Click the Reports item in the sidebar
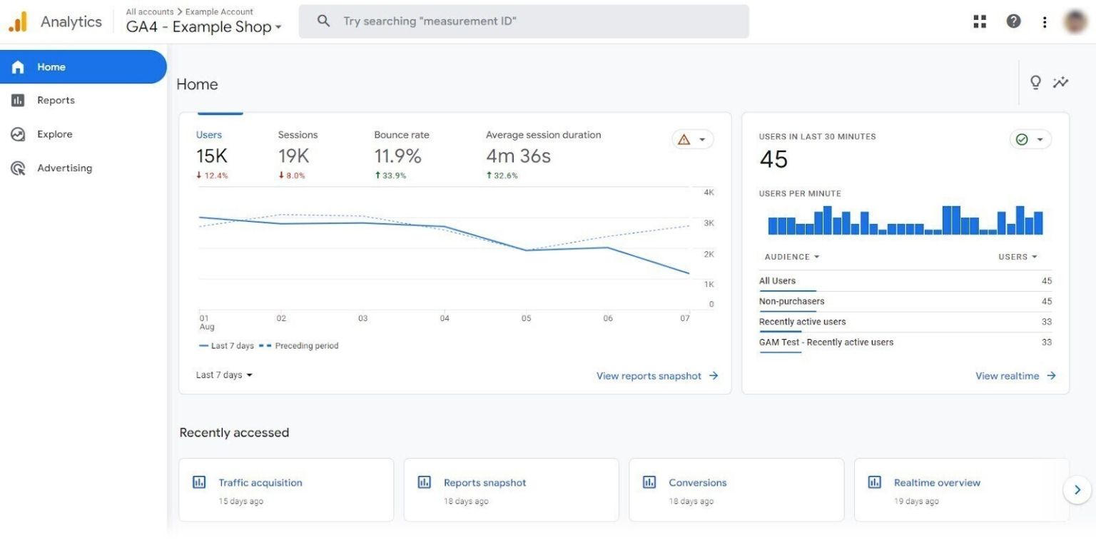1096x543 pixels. [x=56, y=101]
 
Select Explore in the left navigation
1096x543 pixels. [x=54, y=134]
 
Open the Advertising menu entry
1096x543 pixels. [x=64, y=168]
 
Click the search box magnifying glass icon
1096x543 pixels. [x=323, y=21]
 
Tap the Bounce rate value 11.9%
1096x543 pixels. [x=397, y=156]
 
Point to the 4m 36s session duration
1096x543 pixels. [x=518, y=156]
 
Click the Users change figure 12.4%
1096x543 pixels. [x=215, y=176]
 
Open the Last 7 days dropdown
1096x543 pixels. [x=224, y=375]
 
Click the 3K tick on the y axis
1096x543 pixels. [x=709, y=223]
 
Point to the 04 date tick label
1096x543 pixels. [x=445, y=318]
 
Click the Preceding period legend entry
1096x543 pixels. [x=306, y=346]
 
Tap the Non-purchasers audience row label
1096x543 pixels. [x=791, y=301]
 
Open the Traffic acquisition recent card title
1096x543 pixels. [x=260, y=483]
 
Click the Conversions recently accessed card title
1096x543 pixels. [x=697, y=483]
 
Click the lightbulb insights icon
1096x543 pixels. [x=1035, y=83]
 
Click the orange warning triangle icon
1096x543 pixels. [x=684, y=140]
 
